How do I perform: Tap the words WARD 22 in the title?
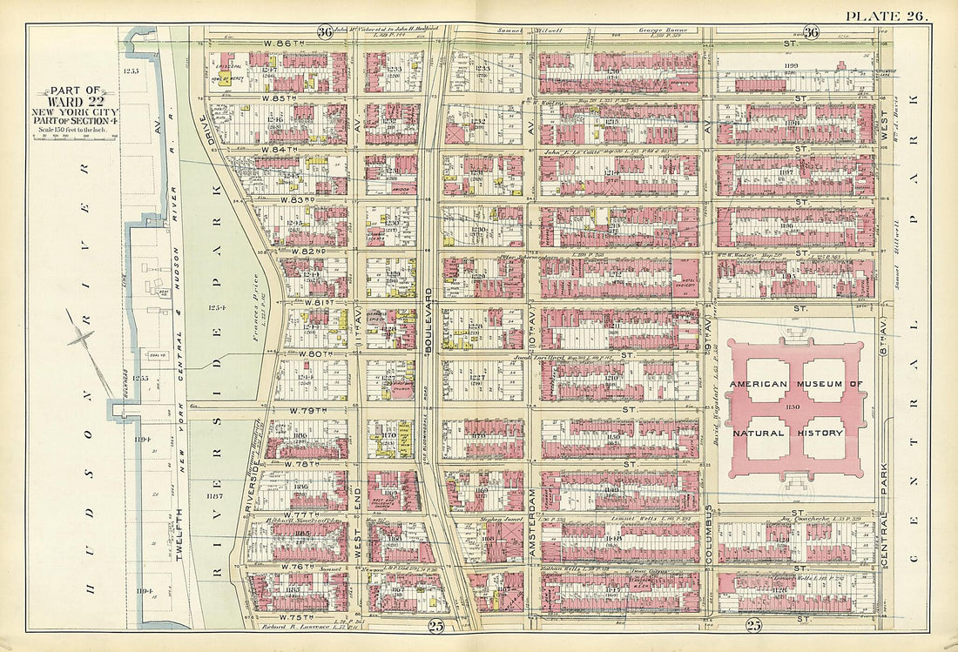[x=77, y=100]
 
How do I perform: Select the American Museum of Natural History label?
[x=796, y=407]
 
